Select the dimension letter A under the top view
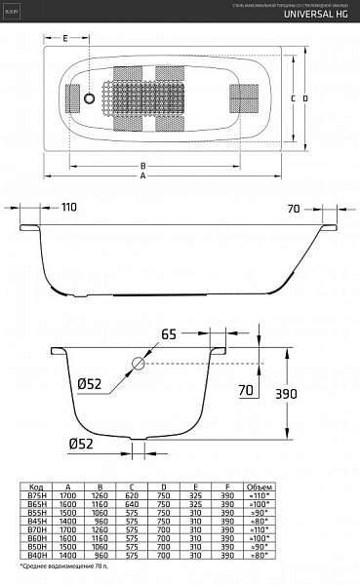[170, 176]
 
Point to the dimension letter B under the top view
[142, 165]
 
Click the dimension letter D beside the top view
[305, 98]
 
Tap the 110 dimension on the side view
[68, 208]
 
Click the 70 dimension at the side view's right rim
[294, 208]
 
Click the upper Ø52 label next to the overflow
[91, 384]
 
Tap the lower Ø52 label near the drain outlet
[81, 446]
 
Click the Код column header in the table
[36, 485]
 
